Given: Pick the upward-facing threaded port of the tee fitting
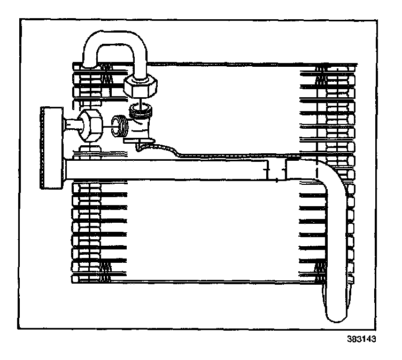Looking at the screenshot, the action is (x=141, y=111).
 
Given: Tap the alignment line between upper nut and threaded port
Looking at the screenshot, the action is (x=140, y=101).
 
